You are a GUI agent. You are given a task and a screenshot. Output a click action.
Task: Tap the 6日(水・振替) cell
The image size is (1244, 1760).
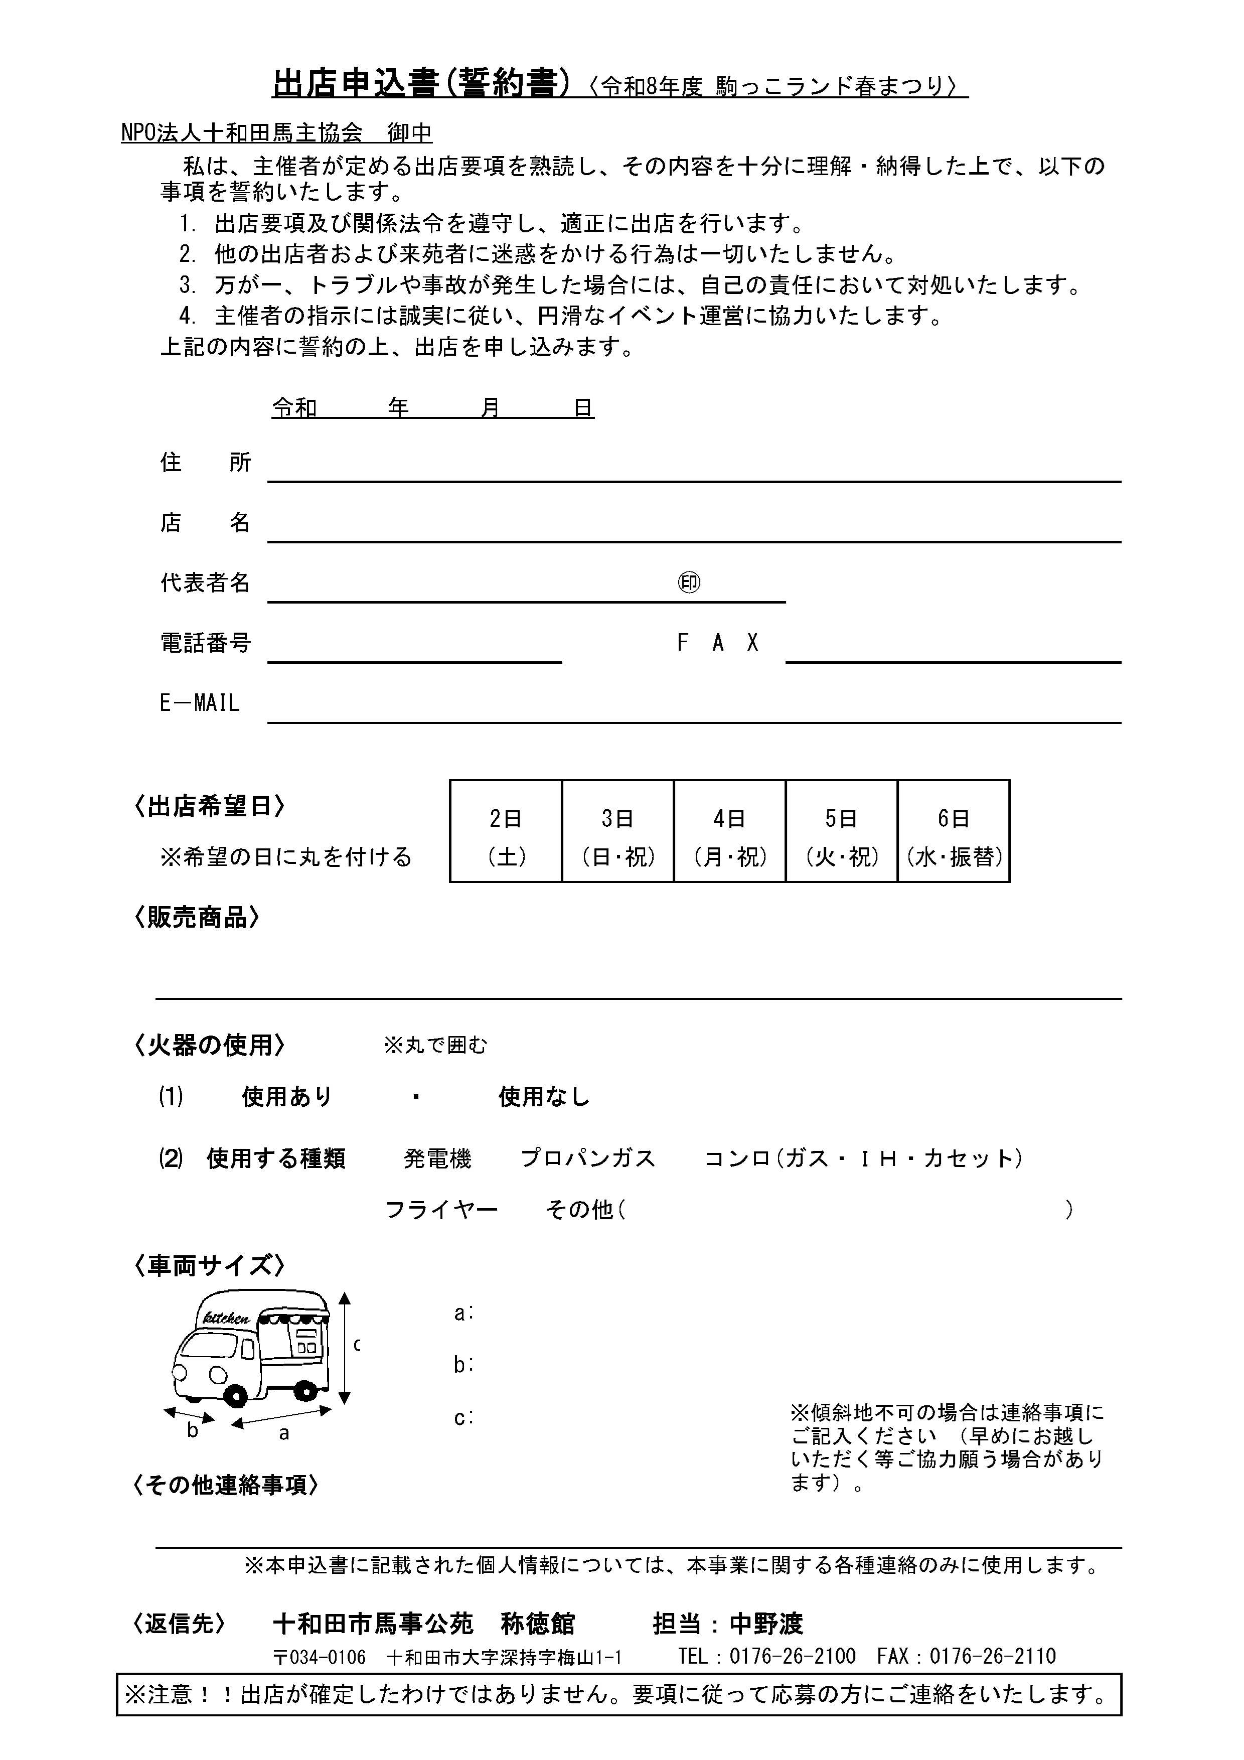tap(954, 831)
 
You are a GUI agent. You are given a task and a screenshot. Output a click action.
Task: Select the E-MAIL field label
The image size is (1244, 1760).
tap(199, 703)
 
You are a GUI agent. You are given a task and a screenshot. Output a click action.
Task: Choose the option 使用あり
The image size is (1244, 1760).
tap(286, 1097)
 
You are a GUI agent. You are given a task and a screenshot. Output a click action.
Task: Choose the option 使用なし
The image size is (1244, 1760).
tap(544, 1097)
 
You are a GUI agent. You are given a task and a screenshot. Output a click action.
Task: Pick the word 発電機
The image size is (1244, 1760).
tap(438, 1158)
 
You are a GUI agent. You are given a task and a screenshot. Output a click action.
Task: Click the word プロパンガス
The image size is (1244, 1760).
tap(588, 1158)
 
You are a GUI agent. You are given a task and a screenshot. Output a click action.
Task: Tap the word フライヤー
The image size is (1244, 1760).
tap(441, 1210)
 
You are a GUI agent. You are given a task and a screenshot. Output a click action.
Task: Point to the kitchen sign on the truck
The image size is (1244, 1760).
tap(226, 1318)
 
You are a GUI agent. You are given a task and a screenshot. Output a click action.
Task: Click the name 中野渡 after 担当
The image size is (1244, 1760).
tap(766, 1624)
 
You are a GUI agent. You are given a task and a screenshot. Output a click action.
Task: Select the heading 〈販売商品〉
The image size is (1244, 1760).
tap(196, 918)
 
